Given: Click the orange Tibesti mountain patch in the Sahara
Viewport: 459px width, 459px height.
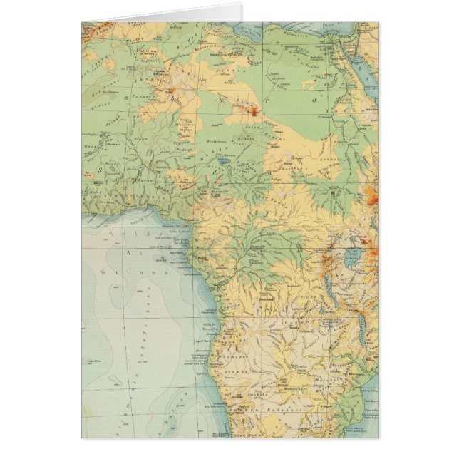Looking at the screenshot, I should [x=253, y=110].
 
